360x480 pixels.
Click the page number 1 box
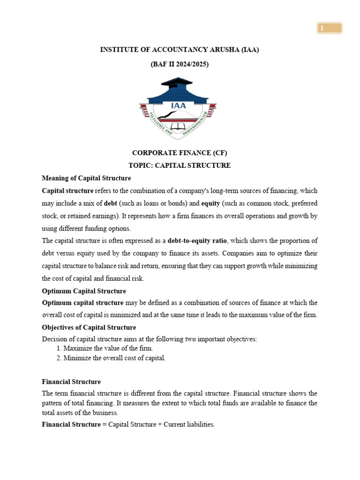coord(329,29)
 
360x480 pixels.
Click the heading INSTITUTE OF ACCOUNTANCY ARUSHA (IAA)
coord(180,50)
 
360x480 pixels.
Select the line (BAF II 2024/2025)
coord(180,65)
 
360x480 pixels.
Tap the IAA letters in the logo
coord(178,105)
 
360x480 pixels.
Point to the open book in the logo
coord(178,127)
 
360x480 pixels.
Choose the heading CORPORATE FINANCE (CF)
coord(180,153)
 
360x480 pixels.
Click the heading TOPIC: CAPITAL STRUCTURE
coord(180,165)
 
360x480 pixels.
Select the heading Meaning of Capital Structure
coord(86,178)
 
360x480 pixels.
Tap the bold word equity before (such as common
coord(210,203)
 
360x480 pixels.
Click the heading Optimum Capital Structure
coord(84,291)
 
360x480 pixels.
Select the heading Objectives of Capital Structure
coord(89,327)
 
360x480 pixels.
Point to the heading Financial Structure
coord(71,382)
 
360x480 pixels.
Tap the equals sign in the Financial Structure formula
coord(105,424)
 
